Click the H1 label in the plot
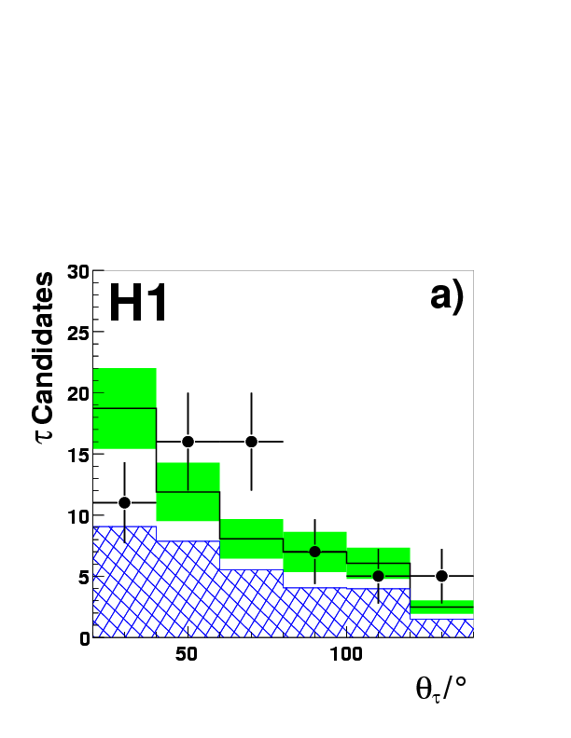[x=138, y=304]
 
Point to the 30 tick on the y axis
[x=78, y=271]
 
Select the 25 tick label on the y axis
[x=78, y=333]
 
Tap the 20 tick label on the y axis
[x=78, y=393]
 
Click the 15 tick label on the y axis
[x=78, y=455]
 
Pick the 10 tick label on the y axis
[x=78, y=515]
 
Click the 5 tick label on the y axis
[x=83, y=577]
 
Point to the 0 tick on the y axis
[x=83, y=637]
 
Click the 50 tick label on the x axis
[x=188, y=655]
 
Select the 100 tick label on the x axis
[x=346, y=655]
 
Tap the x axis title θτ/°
[x=440, y=690]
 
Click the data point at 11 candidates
[x=124, y=502]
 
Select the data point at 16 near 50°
[x=188, y=442]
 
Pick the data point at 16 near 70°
[x=251, y=442]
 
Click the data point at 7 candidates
[x=314, y=552]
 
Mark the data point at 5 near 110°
[x=378, y=576]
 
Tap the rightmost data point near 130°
[x=441, y=576]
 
